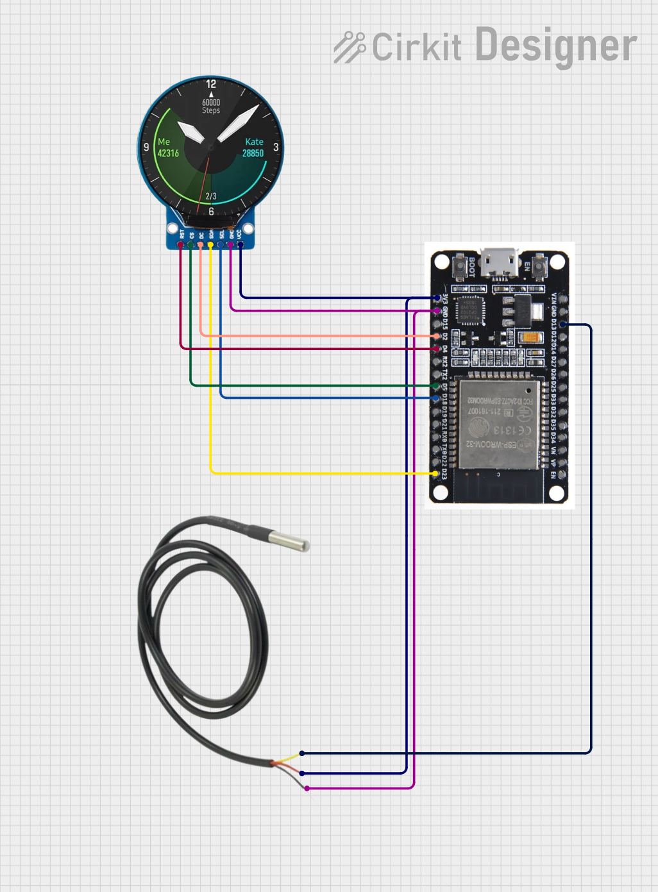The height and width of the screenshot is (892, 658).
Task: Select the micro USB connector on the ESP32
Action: click(500, 263)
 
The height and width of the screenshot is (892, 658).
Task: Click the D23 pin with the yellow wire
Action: click(437, 473)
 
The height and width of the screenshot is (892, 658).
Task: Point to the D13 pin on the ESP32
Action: click(563, 324)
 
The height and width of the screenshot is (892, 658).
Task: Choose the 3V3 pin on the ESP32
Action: click(437, 298)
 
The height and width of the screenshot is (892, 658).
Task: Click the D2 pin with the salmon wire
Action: click(437, 336)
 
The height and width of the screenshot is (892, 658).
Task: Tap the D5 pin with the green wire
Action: click(436, 386)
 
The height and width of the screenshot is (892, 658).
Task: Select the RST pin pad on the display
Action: click(181, 244)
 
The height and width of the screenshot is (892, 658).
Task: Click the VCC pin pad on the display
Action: click(240, 244)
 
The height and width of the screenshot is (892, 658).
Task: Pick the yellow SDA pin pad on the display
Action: click(210, 244)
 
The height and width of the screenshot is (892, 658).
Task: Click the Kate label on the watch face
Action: click(254, 142)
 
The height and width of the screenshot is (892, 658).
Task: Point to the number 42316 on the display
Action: click(168, 153)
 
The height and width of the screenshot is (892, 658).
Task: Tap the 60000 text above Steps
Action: click(211, 102)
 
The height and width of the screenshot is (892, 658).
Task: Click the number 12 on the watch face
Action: click(211, 84)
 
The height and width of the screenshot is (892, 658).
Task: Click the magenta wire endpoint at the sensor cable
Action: click(307, 788)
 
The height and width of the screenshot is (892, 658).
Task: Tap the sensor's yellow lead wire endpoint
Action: click(302, 753)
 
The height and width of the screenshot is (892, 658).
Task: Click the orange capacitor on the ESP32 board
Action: click(530, 337)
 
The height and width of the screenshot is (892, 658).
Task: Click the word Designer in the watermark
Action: click(556, 46)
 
